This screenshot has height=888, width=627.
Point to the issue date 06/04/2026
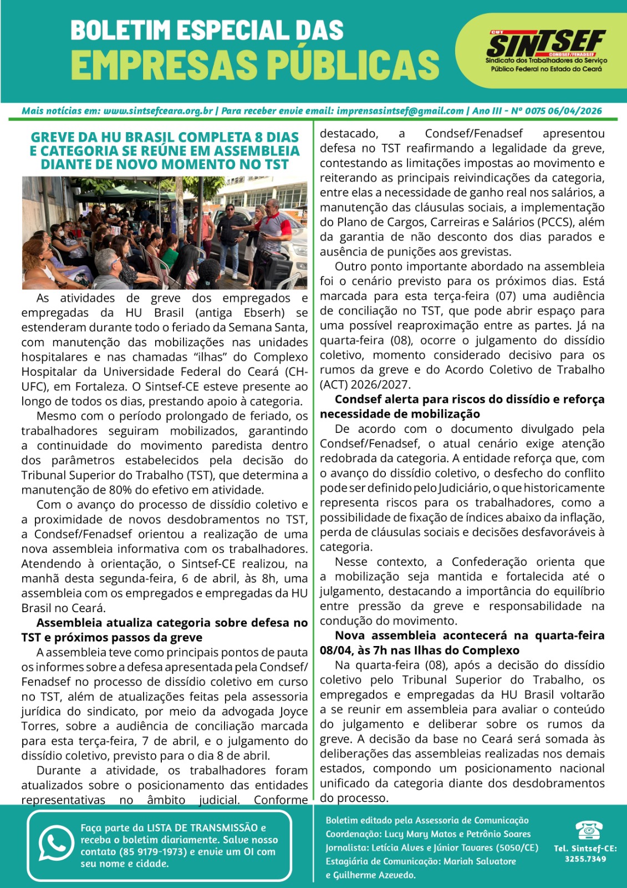(x=575, y=111)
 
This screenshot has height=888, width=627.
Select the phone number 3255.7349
(x=585, y=859)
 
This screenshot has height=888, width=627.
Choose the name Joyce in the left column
(x=293, y=712)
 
